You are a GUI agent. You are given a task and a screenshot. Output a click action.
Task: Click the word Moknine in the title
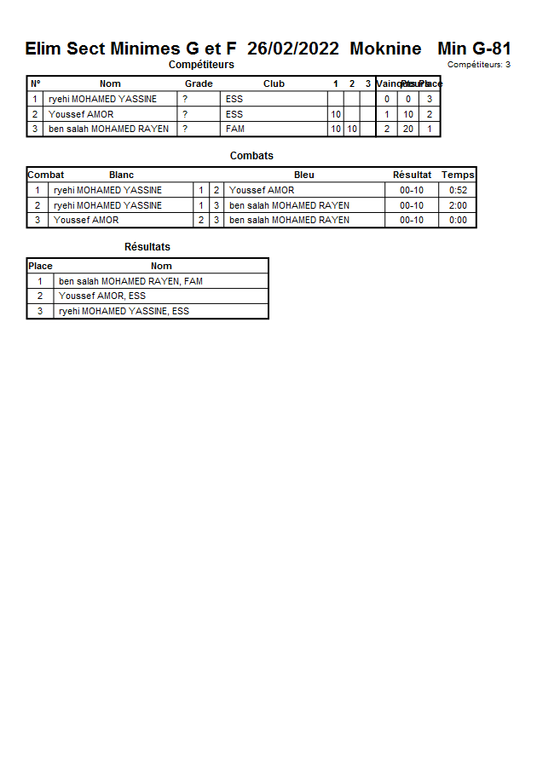click(385, 49)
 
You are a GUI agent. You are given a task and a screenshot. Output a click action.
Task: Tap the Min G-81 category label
click(474, 49)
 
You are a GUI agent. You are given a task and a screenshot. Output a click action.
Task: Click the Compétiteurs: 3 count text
click(479, 65)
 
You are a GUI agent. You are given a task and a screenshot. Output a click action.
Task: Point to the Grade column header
click(199, 83)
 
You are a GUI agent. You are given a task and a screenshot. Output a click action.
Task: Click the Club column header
click(274, 83)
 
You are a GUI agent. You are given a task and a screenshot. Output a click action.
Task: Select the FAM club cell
click(235, 129)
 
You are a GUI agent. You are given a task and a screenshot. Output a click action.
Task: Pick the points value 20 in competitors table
click(408, 129)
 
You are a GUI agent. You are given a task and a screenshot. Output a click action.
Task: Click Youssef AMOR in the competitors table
click(81, 114)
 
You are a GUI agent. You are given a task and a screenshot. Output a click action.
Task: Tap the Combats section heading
click(251, 156)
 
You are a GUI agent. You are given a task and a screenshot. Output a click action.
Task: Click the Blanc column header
click(121, 175)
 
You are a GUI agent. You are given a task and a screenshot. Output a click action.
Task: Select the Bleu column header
click(303, 175)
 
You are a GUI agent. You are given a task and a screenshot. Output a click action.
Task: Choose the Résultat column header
click(412, 175)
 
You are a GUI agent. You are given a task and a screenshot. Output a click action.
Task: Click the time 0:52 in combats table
click(458, 191)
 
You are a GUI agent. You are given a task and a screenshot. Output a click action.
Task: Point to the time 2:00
click(458, 205)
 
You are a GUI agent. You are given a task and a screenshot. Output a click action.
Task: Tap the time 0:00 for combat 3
click(458, 220)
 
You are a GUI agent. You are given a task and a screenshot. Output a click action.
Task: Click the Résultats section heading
click(147, 247)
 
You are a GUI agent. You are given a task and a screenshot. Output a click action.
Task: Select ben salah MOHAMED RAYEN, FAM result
click(130, 281)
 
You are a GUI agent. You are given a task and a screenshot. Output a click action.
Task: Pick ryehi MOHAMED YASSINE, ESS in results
click(124, 312)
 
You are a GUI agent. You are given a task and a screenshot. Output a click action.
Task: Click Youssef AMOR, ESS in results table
click(102, 296)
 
